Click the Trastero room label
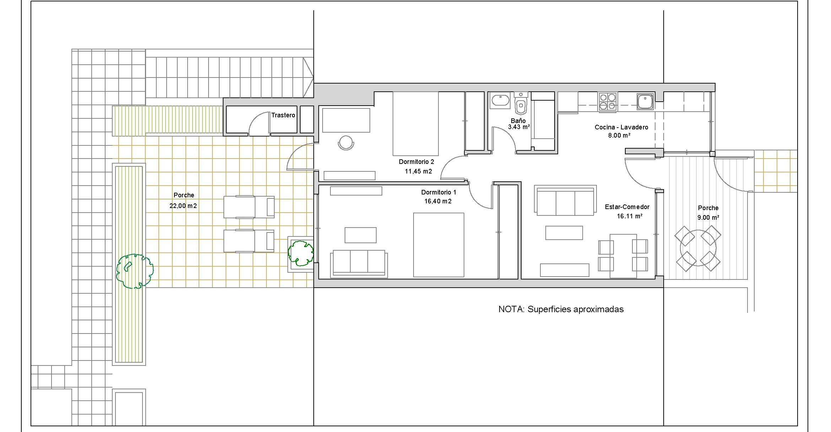(x=283, y=115)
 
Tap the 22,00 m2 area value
(x=183, y=206)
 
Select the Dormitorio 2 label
(x=416, y=162)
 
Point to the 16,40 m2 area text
(x=438, y=201)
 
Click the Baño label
(x=518, y=121)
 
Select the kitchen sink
(x=644, y=101)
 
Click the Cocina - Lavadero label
(x=621, y=127)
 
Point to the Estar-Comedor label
(x=627, y=207)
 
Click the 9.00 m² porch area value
(x=708, y=217)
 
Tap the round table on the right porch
(x=698, y=248)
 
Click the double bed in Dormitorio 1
(x=438, y=245)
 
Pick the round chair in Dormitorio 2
(x=346, y=143)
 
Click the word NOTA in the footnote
(x=511, y=309)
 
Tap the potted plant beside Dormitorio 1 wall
(x=301, y=253)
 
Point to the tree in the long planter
(x=135, y=271)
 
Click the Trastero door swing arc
(x=255, y=119)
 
